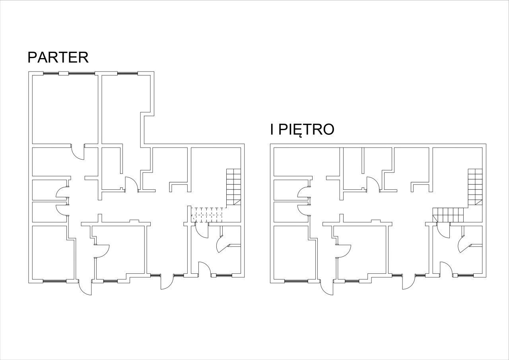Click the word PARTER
pyautogui.click(x=58, y=57)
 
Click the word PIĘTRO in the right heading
pyautogui.click(x=306, y=130)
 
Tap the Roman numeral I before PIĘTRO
pyautogui.click(x=272, y=129)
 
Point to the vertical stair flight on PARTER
pyautogui.click(x=233, y=187)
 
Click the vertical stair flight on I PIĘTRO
pyautogui.click(x=475, y=187)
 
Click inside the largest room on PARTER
pyautogui.click(x=65, y=109)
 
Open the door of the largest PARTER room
pyautogui.click(x=78, y=152)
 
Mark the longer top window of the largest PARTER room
pyautogui.click(x=82, y=74)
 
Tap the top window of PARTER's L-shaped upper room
pyautogui.click(x=128, y=74)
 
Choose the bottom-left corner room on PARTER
pyautogui.click(x=53, y=253)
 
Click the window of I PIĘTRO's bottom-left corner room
pyautogui.click(x=296, y=281)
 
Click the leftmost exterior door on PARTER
pyautogui.click(x=85, y=288)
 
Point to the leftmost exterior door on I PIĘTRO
pyautogui.click(x=326, y=288)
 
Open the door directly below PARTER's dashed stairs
pyautogui.click(x=202, y=230)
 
